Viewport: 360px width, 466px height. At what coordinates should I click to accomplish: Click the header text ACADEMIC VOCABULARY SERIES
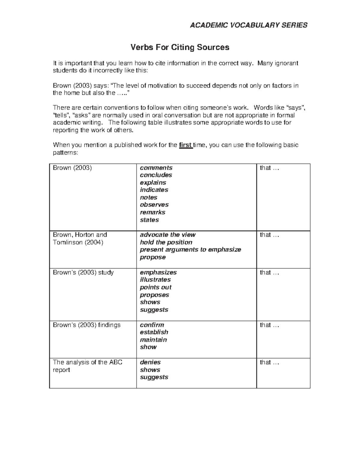pos(249,25)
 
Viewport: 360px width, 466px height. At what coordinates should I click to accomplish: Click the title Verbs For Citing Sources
pos(180,47)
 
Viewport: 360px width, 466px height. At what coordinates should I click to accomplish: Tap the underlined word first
pos(185,145)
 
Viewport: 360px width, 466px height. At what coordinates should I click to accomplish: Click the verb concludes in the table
pos(156,175)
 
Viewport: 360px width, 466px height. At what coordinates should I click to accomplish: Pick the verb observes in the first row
pos(154,205)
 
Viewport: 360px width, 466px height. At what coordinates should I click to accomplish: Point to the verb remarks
pos(152,212)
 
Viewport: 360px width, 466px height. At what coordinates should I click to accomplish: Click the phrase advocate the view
pos(168,235)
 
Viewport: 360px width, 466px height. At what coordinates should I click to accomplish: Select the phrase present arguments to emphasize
pos(190,250)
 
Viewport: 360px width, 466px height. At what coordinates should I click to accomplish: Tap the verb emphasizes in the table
pos(158,272)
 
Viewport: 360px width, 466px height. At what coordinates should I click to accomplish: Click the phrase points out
pos(156,287)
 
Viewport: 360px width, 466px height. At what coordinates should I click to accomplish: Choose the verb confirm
pos(152,325)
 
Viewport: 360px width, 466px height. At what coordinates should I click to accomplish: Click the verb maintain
pos(153,340)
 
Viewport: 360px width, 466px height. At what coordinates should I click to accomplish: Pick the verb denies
pos(150,362)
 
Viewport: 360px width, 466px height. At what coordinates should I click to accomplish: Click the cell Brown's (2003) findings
pos(87,325)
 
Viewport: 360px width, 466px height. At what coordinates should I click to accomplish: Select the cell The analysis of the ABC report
pos(88,366)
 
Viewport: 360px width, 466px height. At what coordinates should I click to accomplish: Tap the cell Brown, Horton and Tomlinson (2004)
pos(80,239)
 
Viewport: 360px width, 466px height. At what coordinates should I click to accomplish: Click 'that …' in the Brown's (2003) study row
pos(269,272)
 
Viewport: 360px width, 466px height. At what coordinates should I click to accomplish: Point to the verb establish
pos(154,332)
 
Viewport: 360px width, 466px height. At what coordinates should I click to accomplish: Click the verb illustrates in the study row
pos(155,280)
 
